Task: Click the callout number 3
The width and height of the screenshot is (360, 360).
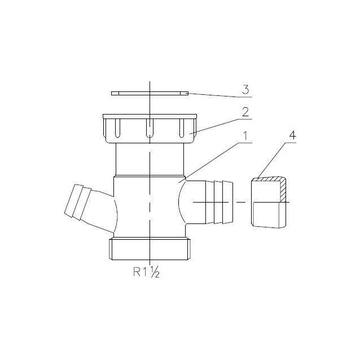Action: pyautogui.click(x=245, y=90)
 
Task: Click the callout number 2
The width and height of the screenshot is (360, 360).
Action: pyautogui.click(x=245, y=112)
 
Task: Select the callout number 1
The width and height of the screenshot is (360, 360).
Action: pyautogui.click(x=245, y=136)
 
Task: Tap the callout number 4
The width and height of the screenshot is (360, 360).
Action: pyautogui.click(x=292, y=135)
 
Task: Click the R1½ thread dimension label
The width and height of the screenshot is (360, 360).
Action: pyautogui.click(x=146, y=272)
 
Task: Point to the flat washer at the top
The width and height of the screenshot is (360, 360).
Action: pyautogui.click(x=150, y=93)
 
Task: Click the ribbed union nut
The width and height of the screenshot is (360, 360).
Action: pyautogui.click(x=150, y=129)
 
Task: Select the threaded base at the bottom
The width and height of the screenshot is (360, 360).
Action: pyautogui.click(x=150, y=249)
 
